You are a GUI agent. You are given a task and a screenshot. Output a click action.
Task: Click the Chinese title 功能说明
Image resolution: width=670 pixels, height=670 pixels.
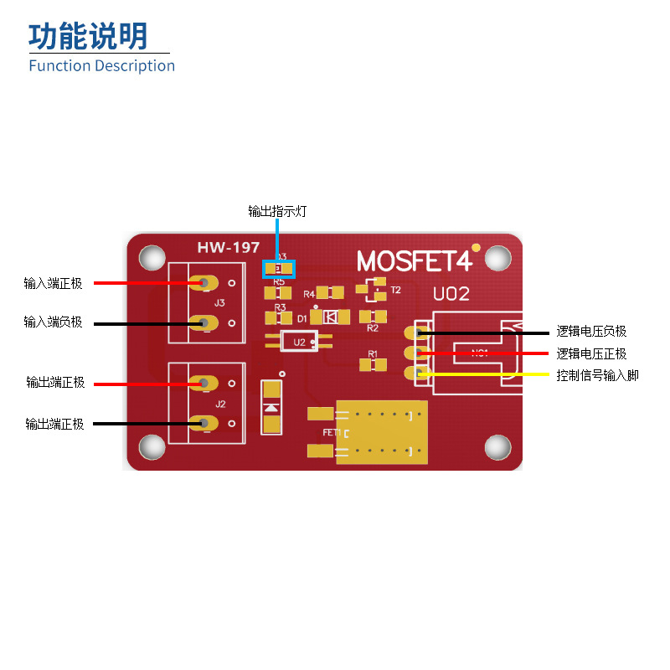click(88, 36)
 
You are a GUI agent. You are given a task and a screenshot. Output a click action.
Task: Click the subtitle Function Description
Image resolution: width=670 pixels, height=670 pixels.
click(101, 65)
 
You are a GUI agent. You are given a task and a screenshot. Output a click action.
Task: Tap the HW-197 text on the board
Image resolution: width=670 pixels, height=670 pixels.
click(228, 248)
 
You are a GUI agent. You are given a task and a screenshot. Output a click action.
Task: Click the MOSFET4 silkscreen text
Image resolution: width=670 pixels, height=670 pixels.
click(414, 261)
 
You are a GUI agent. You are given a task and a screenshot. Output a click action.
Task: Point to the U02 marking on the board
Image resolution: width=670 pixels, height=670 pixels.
click(451, 294)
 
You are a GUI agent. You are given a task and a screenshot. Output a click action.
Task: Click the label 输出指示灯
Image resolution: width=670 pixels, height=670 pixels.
click(277, 211)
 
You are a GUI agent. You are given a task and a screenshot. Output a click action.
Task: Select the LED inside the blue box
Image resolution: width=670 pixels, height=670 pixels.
click(280, 269)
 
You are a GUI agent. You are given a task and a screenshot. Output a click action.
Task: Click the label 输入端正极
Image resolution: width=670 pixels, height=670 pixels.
click(54, 283)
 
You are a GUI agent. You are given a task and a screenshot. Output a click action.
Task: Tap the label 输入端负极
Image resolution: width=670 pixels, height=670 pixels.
click(54, 322)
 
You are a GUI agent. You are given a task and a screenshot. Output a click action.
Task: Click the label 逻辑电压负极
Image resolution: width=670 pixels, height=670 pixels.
click(591, 332)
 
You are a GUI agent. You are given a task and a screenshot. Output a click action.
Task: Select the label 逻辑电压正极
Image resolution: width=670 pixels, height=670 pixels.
click(591, 353)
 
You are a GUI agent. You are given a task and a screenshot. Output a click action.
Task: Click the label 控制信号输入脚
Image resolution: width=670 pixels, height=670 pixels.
click(597, 375)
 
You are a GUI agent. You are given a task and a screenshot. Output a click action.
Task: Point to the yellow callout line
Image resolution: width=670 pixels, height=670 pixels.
click(486, 374)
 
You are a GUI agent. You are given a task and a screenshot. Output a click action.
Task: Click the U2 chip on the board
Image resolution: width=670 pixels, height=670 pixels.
click(300, 342)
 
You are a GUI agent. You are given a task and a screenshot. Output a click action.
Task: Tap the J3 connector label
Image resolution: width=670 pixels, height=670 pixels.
click(219, 302)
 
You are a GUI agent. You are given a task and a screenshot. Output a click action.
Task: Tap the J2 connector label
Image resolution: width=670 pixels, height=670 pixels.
click(220, 404)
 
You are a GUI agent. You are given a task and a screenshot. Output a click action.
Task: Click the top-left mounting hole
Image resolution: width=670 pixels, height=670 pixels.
click(152, 257)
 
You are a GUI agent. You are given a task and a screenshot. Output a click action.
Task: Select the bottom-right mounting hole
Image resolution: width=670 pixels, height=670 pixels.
click(497, 447)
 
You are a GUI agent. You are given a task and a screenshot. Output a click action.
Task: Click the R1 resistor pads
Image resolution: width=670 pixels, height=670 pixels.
click(373, 364)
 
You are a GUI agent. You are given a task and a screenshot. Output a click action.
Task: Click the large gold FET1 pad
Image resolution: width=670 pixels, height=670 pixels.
click(381, 432)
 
